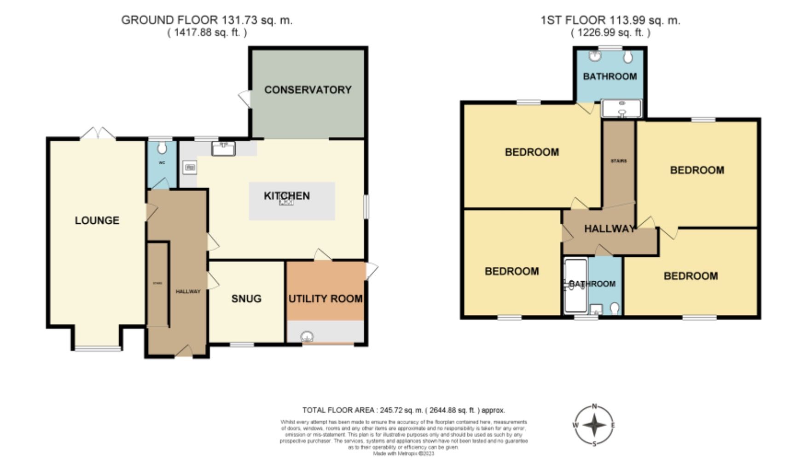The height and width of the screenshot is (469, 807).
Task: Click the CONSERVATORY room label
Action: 308,90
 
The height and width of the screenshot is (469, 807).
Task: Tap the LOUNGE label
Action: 97,220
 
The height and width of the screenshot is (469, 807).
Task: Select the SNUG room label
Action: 246,299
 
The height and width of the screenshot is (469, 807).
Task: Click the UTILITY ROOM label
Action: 325,299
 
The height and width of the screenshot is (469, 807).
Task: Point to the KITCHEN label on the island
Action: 286,196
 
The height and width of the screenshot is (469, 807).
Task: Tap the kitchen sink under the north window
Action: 224,148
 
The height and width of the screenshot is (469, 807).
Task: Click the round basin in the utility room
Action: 307,337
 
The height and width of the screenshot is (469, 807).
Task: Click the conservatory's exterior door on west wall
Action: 245,98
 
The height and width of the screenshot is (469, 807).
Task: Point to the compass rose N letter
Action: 594,406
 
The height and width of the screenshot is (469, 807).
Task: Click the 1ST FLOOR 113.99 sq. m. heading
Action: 610,20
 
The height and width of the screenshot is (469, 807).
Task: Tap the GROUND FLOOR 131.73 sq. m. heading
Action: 207,20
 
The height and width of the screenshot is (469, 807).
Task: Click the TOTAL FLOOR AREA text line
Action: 403,410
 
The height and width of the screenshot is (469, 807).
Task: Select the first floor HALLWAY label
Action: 610,229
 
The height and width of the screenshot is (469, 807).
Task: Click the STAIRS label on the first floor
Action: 618,161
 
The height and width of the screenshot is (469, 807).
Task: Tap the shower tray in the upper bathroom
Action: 621,109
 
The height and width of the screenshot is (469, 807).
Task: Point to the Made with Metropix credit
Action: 403,453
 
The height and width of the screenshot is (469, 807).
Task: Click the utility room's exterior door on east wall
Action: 372,271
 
